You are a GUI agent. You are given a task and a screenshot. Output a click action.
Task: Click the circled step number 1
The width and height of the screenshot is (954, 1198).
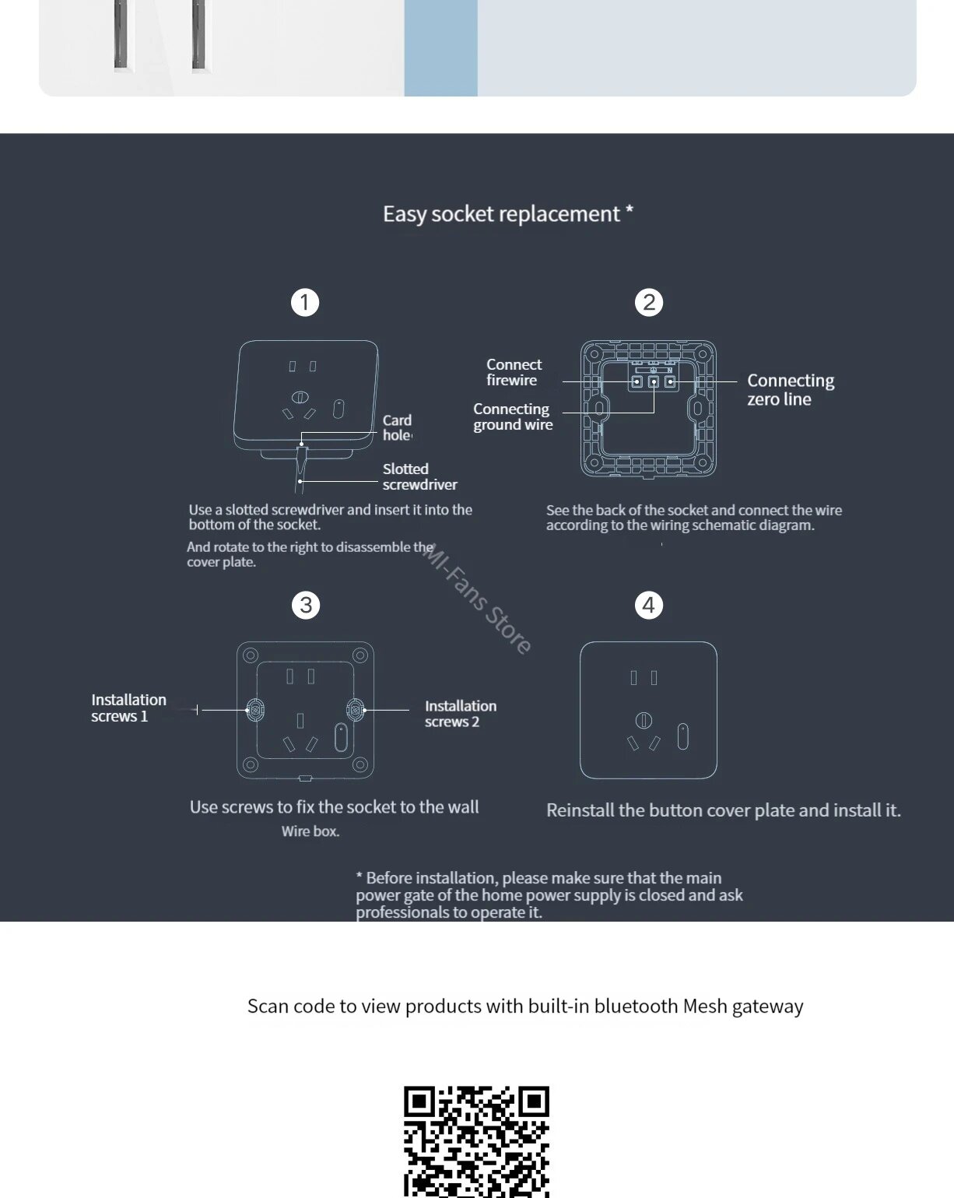point(305,302)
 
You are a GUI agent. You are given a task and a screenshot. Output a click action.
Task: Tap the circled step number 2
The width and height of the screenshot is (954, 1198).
point(649,302)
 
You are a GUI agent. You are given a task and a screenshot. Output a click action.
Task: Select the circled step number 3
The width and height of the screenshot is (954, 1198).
point(306,605)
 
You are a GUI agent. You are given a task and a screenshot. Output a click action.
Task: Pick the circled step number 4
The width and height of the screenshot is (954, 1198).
point(649,605)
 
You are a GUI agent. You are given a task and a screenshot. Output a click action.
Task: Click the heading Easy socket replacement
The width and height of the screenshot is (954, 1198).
point(507,214)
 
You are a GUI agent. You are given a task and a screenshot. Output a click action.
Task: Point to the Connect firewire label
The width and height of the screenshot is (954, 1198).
point(513,372)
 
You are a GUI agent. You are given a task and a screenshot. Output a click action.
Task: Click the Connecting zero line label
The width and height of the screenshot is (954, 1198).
point(790,389)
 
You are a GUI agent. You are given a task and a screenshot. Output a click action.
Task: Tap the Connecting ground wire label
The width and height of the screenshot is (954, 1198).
point(512,416)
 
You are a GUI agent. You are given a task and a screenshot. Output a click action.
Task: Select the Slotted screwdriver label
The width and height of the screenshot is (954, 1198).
point(419,476)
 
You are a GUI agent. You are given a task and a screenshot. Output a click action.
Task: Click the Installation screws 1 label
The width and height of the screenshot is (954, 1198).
point(128,708)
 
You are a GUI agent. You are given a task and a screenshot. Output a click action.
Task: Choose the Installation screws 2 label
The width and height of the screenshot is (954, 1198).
point(460,713)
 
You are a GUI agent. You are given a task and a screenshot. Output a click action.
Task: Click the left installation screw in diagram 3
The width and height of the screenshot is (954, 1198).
point(255,709)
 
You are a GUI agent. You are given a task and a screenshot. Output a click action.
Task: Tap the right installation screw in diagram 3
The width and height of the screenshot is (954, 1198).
point(355,709)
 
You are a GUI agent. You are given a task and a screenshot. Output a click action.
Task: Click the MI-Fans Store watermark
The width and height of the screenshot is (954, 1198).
point(477,599)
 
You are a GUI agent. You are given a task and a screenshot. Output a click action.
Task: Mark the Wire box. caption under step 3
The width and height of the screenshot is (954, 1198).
point(310,831)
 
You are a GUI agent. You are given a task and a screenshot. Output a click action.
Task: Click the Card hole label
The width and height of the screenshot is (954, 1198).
point(397,427)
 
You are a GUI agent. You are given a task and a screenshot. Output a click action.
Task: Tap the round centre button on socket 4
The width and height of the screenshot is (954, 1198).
point(644,720)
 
